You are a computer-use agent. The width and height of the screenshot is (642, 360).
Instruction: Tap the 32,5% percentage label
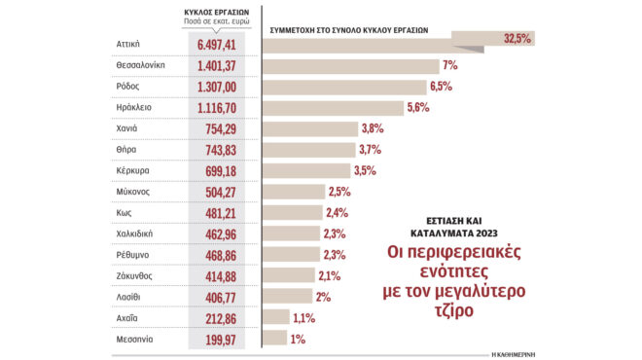[517, 39]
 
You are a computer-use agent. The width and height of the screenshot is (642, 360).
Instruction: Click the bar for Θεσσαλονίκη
[350, 66]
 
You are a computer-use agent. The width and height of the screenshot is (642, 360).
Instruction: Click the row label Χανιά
[127, 129]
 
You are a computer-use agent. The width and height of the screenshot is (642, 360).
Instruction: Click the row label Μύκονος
[132, 192]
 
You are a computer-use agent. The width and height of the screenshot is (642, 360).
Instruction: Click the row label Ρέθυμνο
[132, 255]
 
